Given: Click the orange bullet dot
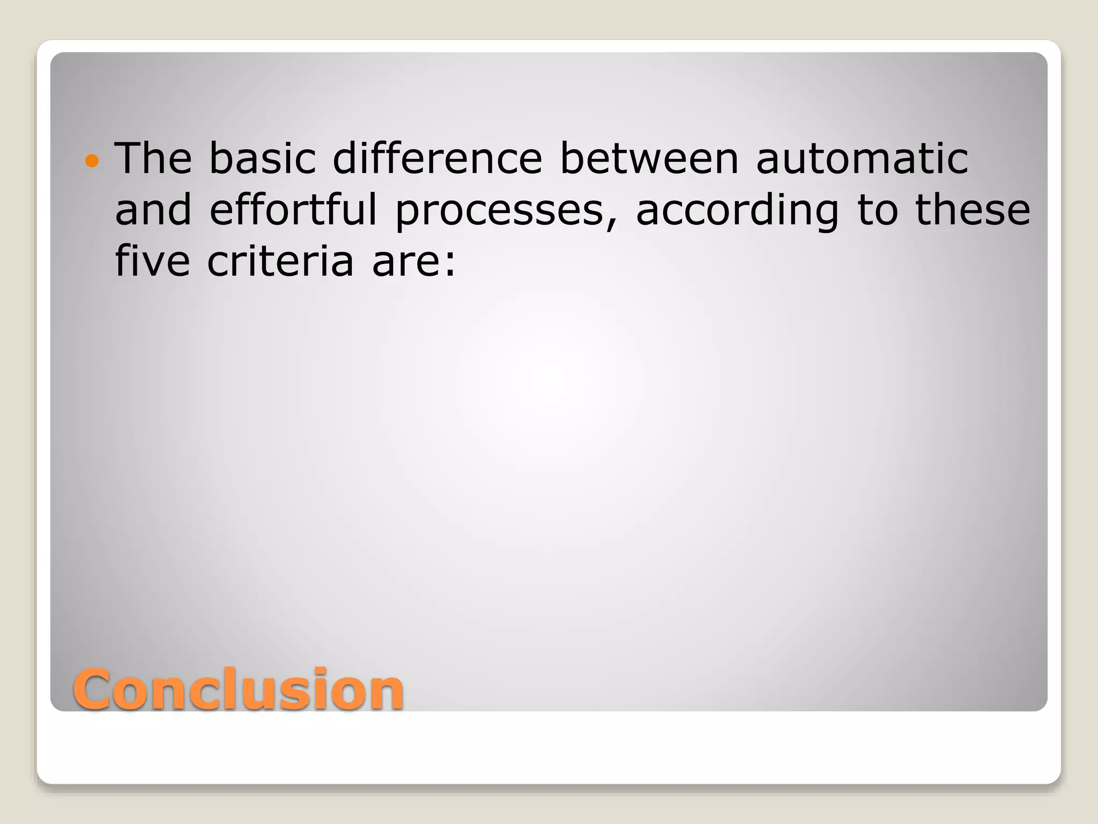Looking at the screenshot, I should click(92, 160).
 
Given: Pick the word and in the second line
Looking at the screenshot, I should click(153, 210).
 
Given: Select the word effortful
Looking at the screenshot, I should click(293, 210).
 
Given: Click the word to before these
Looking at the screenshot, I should click(877, 210).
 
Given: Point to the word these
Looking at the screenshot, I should click(973, 210).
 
